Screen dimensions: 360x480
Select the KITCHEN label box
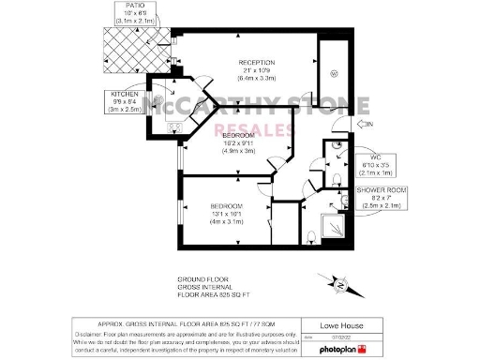click(127, 100)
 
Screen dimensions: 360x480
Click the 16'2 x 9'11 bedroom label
click(237, 142)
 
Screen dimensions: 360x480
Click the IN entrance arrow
click(364, 125)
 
